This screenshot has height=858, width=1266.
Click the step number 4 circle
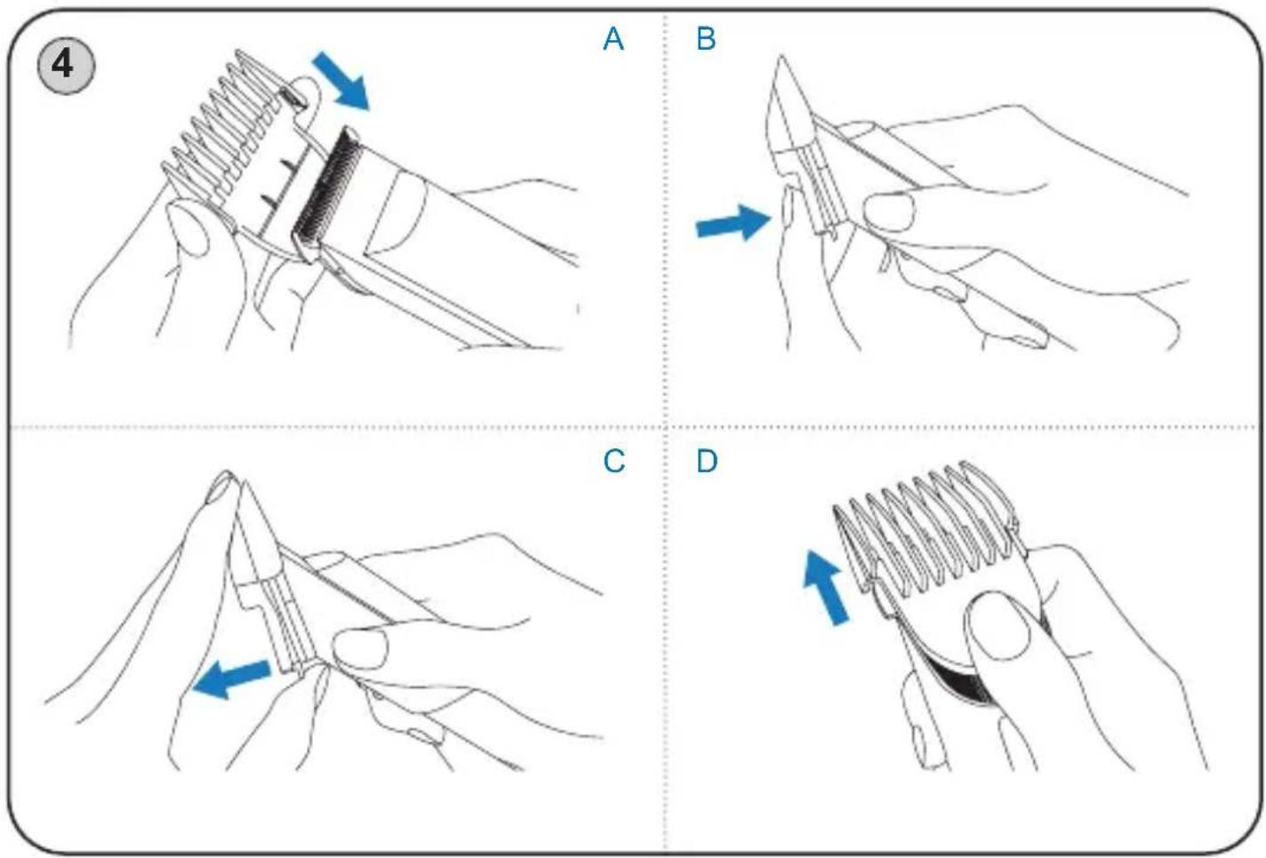click(x=66, y=66)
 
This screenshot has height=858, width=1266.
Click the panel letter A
click(x=613, y=39)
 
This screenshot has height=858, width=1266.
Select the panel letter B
click(x=706, y=39)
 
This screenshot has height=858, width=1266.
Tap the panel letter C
click(x=613, y=461)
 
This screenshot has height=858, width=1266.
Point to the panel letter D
click(x=707, y=461)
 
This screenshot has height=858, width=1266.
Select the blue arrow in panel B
click(x=733, y=222)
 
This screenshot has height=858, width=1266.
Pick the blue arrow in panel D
click(x=825, y=587)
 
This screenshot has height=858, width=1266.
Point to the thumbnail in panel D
click(x=998, y=624)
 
